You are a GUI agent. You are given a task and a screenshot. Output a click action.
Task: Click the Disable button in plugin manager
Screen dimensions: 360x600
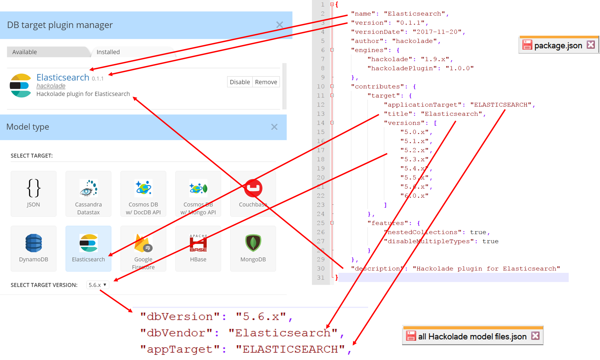240,82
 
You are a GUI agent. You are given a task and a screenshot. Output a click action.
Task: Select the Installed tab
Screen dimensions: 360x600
108,52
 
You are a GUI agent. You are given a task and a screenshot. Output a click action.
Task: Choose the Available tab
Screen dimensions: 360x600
25,52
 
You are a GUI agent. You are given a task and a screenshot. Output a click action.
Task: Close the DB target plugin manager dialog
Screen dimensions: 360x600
279,25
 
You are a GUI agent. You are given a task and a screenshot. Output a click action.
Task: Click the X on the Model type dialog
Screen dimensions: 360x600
274,127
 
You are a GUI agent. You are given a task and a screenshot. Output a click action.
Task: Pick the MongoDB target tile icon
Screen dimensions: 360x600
253,243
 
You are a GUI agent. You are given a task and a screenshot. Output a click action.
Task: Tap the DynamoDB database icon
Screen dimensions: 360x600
34,243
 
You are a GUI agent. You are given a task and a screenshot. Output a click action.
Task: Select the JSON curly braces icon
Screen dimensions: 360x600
34,188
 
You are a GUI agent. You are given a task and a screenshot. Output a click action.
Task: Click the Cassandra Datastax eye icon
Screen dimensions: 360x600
89,188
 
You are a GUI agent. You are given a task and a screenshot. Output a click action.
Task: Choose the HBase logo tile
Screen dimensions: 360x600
198,243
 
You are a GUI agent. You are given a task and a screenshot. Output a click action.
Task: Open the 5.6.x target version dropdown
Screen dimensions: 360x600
98,285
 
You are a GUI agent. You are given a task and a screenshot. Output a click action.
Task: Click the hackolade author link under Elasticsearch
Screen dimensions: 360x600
51,86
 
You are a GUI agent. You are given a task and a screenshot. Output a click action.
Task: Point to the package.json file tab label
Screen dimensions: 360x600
558,45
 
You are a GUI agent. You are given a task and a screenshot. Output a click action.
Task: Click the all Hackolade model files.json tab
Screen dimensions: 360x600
472,336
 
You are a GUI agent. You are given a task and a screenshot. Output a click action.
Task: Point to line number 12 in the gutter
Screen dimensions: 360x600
321,105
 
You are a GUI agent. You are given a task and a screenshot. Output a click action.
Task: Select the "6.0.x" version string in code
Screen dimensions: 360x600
414,196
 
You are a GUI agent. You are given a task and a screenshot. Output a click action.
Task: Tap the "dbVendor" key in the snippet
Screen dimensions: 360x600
176,333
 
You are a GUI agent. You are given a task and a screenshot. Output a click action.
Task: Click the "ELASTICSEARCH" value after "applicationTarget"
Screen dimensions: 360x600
501,105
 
